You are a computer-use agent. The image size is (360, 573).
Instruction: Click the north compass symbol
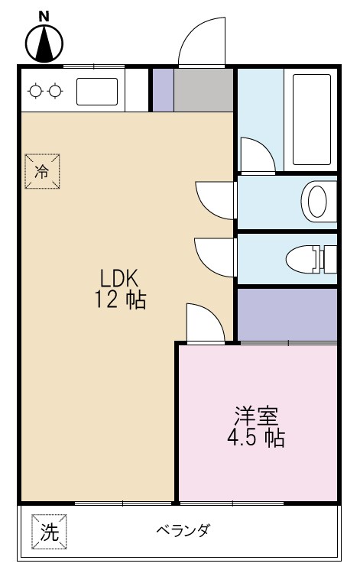[x=44, y=44]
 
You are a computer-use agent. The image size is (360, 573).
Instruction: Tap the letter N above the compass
[x=44, y=15]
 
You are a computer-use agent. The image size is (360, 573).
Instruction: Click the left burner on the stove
[x=35, y=92]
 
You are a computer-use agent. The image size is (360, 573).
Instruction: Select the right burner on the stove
[x=54, y=92]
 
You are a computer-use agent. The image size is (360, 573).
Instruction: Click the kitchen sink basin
[x=96, y=92]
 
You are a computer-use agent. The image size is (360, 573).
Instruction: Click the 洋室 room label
[x=256, y=416]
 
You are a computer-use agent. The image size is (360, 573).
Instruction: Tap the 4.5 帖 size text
[x=256, y=439]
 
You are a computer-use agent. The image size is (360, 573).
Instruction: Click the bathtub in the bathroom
[x=311, y=120]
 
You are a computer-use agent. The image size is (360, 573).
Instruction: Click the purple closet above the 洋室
[x=287, y=313]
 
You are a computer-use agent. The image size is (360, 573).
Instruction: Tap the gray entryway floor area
[x=203, y=91]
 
